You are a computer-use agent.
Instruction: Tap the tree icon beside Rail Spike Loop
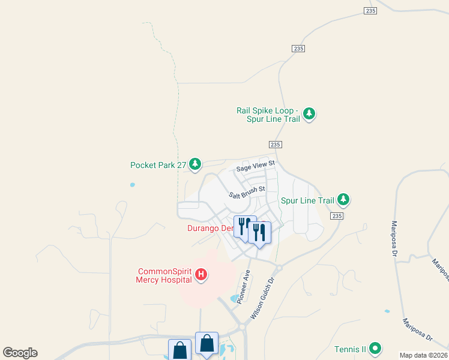click(309, 113)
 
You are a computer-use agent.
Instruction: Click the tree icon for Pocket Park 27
click(194, 163)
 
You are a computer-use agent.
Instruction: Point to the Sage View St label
click(255, 166)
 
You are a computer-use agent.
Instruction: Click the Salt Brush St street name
click(247, 192)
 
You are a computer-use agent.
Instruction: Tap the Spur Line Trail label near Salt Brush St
click(307, 200)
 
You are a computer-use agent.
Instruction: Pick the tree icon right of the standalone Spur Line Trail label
click(343, 199)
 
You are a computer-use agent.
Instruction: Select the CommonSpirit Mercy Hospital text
click(164, 275)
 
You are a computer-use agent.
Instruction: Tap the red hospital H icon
click(202, 275)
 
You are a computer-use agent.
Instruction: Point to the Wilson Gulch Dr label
click(266, 292)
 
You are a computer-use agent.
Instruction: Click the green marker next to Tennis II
click(375, 348)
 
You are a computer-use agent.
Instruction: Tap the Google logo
click(20, 353)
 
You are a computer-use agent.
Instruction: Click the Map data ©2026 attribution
click(423, 355)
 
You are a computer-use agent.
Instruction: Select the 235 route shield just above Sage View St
click(276, 145)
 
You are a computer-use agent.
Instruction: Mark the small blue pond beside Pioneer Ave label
click(234, 298)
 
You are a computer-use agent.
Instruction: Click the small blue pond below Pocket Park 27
click(132, 185)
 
